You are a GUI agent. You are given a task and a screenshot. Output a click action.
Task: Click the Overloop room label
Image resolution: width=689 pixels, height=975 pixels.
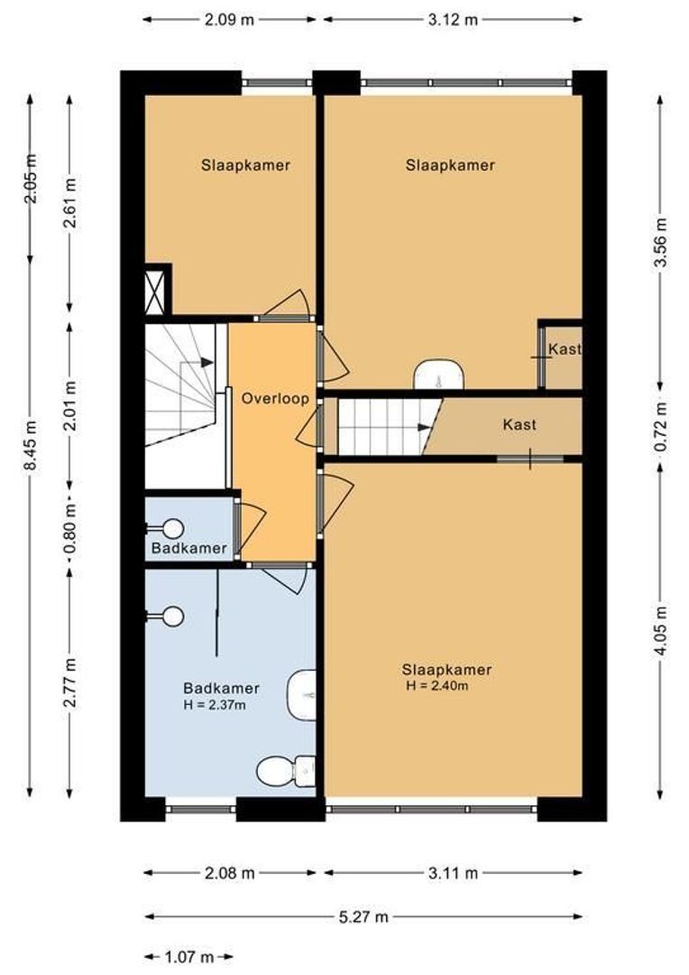click(x=274, y=399)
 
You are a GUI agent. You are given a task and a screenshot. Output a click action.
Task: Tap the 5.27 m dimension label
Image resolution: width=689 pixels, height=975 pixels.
click(x=363, y=916)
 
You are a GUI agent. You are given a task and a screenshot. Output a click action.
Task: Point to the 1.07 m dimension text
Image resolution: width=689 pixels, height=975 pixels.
click(x=188, y=956)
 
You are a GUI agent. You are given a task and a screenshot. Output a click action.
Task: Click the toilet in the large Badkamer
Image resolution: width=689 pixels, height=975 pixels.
click(x=287, y=770)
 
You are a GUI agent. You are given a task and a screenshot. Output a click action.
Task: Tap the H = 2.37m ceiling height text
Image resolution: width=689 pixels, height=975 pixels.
click(x=215, y=705)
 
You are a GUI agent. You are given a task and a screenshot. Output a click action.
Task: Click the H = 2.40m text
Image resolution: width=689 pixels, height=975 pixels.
click(x=436, y=686)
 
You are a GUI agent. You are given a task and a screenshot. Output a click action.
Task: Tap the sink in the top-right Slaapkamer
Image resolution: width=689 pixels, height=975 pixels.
click(x=439, y=374)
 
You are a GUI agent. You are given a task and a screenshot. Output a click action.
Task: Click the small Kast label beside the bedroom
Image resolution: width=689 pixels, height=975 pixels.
click(x=565, y=348)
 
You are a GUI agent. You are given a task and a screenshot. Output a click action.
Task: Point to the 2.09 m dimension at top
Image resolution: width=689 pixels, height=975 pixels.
click(x=229, y=19)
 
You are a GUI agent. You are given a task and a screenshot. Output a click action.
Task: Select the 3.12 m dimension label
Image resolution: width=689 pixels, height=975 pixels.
click(x=453, y=19)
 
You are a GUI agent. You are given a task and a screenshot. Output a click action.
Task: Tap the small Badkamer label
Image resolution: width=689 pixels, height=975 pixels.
click(x=188, y=548)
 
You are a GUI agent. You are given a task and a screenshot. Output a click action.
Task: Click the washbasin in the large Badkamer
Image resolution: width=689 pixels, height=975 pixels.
click(x=302, y=695)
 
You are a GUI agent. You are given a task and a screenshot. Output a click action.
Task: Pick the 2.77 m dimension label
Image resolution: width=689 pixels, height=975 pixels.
click(x=70, y=682)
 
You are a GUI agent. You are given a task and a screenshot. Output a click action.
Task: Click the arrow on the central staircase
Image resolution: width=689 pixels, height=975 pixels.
click(x=425, y=427)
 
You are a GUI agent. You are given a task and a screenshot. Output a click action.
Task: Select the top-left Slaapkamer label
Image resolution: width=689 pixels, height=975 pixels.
click(x=245, y=165)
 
